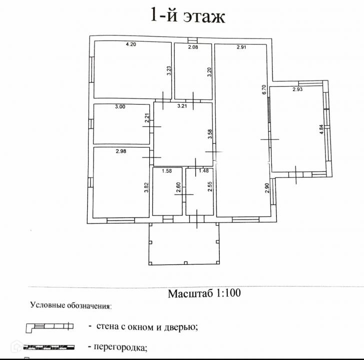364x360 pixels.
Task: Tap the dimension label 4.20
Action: click(131, 44)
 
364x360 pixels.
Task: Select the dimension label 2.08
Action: click(193, 47)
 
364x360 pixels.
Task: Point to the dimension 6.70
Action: click(264, 90)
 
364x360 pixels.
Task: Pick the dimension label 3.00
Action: click(120, 106)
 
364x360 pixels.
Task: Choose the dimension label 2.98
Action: click(121, 151)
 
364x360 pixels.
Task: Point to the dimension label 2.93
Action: click(298, 90)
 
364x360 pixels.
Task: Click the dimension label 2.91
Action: click(242, 47)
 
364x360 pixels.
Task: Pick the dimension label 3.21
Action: click(182, 106)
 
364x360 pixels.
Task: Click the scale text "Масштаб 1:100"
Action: click(204, 293)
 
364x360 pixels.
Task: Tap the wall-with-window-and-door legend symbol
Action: click(49, 327)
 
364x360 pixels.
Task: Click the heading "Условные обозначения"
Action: click(71, 304)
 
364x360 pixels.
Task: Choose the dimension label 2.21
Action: click(147, 119)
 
